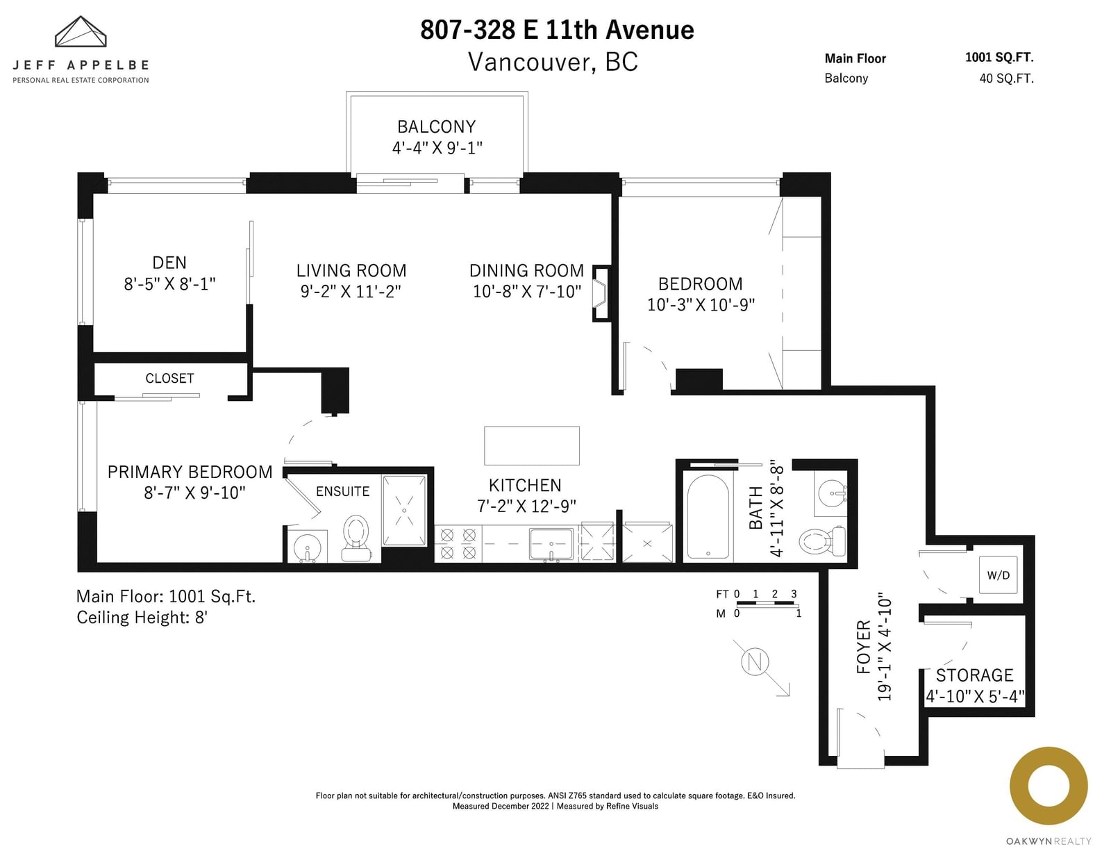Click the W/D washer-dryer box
(x=998, y=575)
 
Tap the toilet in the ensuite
(x=356, y=538)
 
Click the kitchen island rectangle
(x=532, y=445)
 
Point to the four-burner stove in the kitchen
(x=458, y=543)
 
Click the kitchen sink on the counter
(x=551, y=544)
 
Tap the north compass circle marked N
(x=755, y=661)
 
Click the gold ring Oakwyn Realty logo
(x=1049, y=786)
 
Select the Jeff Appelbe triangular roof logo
(x=81, y=32)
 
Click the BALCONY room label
(x=437, y=126)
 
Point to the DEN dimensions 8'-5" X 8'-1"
(x=169, y=283)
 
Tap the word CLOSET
(x=169, y=379)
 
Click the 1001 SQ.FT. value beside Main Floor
(x=999, y=57)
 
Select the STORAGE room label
(x=974, y=675)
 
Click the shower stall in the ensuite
(x=404, y=511)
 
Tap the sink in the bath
(x=831, y=493)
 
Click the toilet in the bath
(x=821, y=541)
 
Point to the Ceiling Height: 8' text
(x=142, y=618)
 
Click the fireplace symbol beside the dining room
(x=601, y=293)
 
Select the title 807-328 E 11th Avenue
(x=558, y=30)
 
